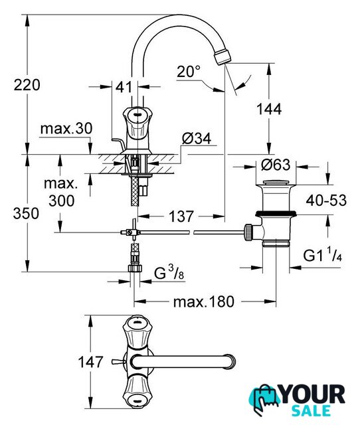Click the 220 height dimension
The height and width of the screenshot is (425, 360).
coord(27,84)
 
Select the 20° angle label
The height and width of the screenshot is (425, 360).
coord(189,72)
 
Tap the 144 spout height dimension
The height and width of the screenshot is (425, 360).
coord(269,109)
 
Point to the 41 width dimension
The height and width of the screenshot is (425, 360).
coord(124,87)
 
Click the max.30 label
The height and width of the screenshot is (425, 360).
coord(66,128)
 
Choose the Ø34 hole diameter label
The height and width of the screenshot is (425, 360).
coord(197,139)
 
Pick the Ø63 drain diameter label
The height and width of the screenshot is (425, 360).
coord(276,165)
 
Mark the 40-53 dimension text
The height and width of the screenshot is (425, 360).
coord(326,201)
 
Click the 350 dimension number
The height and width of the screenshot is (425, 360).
coord(27,213)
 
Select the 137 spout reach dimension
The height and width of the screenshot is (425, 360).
coord(181,216)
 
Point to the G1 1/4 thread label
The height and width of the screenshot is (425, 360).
coord(322,255)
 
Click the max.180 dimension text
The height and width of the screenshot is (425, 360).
coord(204,301)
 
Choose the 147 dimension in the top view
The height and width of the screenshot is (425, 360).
coord(90,362)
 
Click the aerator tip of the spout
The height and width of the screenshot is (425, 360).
coord(223,56)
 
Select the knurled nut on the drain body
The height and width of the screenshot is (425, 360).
coord(248,232)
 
